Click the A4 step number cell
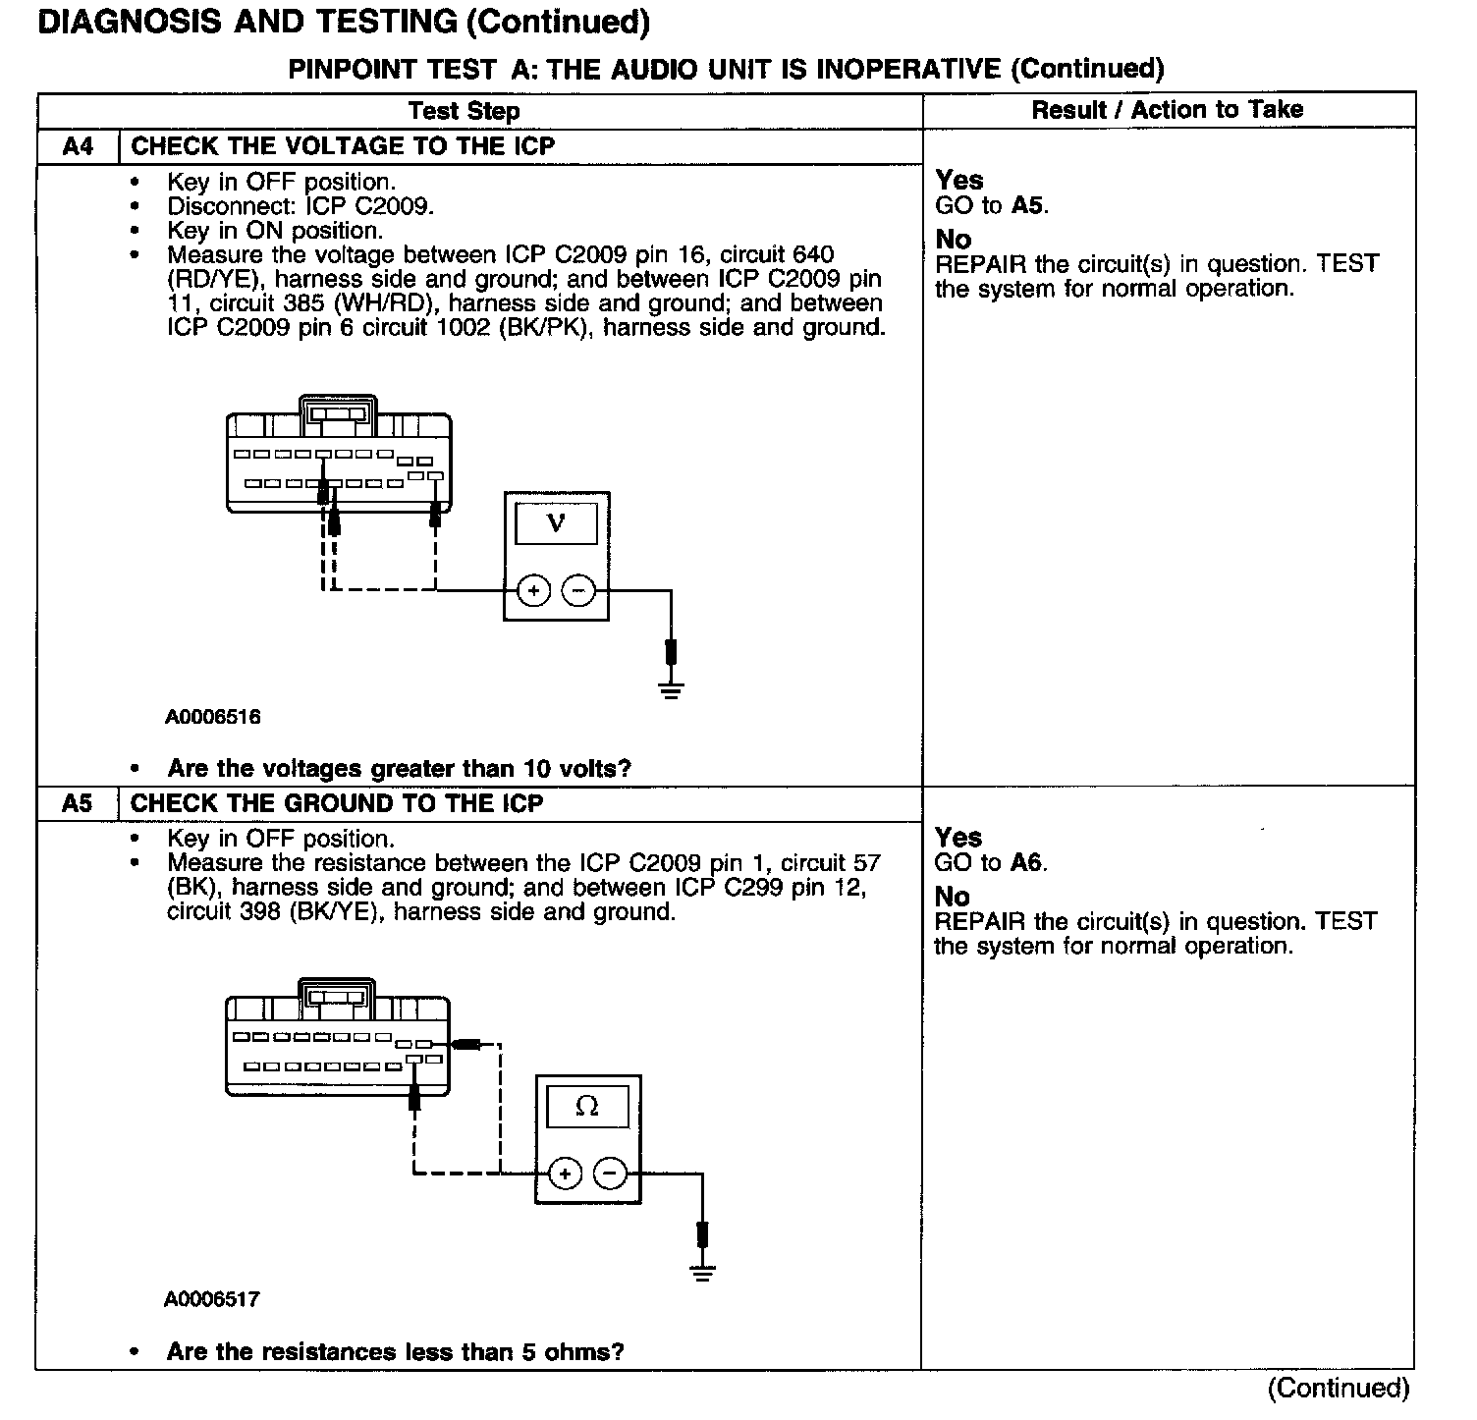coord(78,147)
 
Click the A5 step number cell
coord(78,804)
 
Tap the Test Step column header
coord(464,111)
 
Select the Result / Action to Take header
coord(1167,110)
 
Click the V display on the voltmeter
coord(556,523)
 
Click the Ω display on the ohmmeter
coord(587,1107)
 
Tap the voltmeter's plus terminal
coord(533,591)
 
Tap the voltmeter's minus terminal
coord(578,591)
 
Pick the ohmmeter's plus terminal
coord(565,1174)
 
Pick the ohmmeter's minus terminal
coord(610,1174)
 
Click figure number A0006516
coord(212,717)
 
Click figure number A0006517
coord(212,1299)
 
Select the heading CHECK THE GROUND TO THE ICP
coord(337,804)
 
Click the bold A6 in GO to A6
coord(1027,863)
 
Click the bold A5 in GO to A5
coord(1027,206)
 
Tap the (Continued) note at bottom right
coord(1338,1389)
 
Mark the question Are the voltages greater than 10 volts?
coord(399,769)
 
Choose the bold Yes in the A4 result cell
coord(958,181)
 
